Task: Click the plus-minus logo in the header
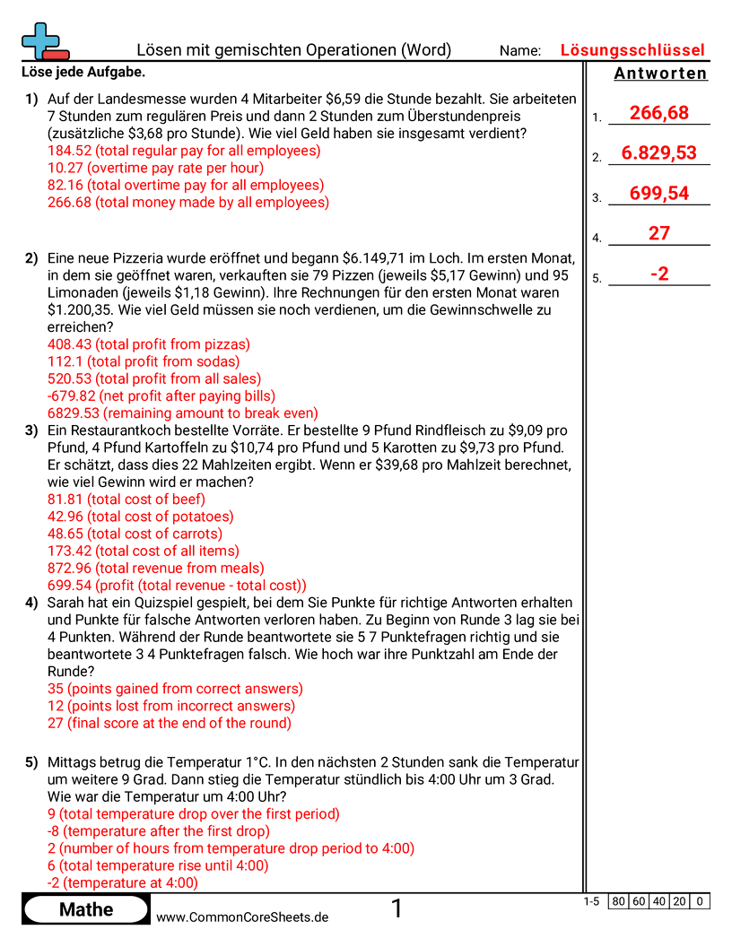tap(44, 41)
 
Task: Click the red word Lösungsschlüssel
tap(632, 50)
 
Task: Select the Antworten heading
tap(660, 74)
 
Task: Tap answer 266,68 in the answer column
tap(658, 112)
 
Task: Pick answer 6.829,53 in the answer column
tap(658, 152)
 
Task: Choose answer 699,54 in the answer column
tap(658, 193)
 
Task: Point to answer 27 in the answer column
tap(658, 233)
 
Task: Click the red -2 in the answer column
tap(658, 274)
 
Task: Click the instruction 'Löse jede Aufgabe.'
tap(82, 72)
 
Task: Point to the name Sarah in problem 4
tap(66, 603)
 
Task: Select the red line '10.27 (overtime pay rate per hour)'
tap(155, 168)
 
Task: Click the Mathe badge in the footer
tap(86, 909)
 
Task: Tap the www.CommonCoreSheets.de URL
tap(242, 917)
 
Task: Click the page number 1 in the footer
tap(396, 909)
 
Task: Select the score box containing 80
tap(617, 901)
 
